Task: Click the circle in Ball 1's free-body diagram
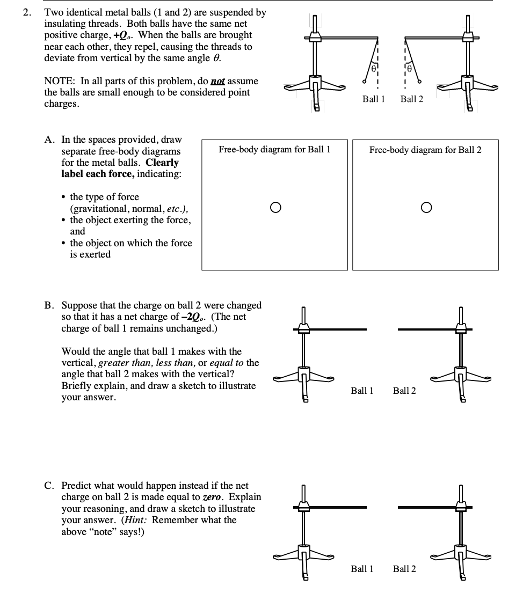click(x=275, y=207)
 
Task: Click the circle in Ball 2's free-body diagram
click(x=425, y=207)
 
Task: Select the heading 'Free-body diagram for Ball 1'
click(x=274, y=150)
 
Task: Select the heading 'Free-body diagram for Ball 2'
click(x=425, y=150)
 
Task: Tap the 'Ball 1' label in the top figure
click(x=374, y=99)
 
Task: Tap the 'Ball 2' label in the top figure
click(x=412, y=99)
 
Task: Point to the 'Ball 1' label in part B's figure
click(x=362, y=391)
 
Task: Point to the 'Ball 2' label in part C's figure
click(x=404, y=568)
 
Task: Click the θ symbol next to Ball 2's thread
click(x=410, y=69)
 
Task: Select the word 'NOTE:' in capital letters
click(x=60, y=81)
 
